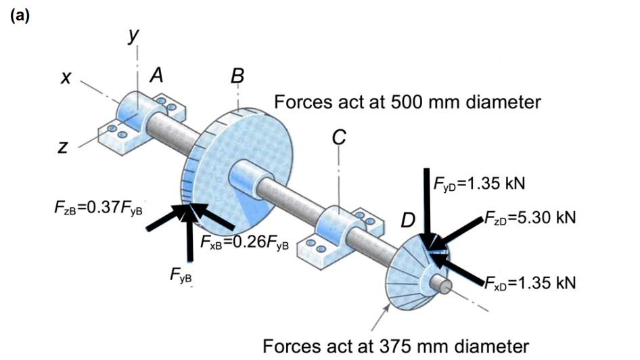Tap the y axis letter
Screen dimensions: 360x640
point(134,35)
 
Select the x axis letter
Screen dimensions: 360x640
point(66,80)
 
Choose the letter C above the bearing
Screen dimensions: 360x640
point(338,138)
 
